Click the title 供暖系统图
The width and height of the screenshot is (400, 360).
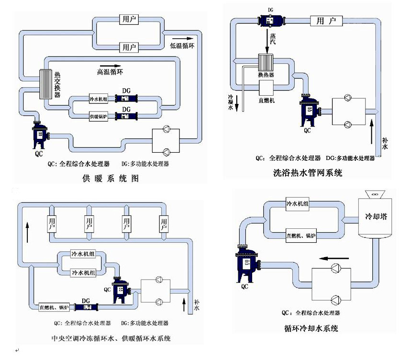pyautogui.click(x=111, y=180)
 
